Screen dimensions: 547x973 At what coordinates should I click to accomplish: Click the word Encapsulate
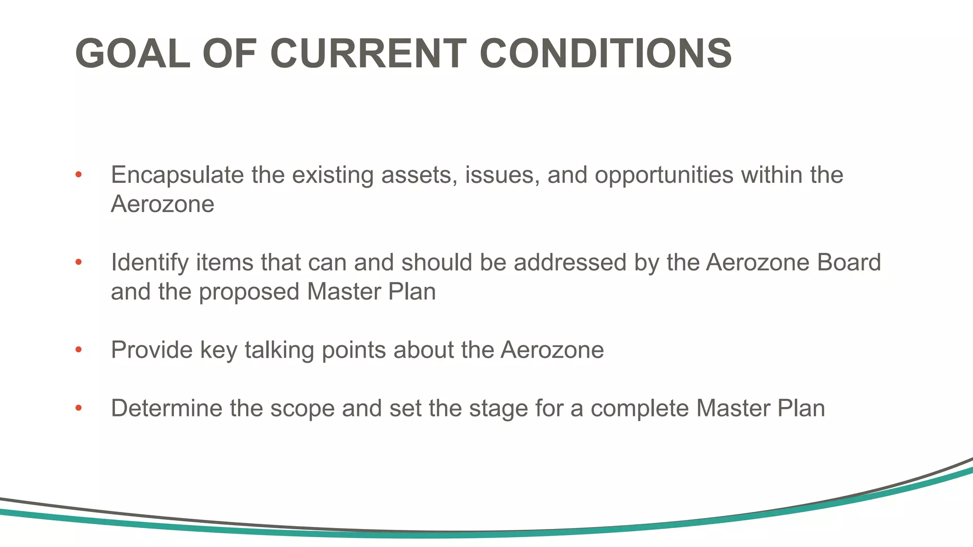click(177, 175)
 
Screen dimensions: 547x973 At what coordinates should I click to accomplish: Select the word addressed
click(570, 263)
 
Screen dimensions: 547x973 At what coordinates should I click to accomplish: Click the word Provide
click(151, 350)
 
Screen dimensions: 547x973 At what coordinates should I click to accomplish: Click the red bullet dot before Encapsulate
click(79, 175)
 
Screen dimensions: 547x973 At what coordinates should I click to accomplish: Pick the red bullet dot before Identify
click(79, 262)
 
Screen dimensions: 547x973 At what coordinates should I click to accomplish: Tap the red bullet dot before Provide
click(79, 350)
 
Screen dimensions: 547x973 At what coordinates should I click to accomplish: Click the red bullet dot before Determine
click(79, 408)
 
